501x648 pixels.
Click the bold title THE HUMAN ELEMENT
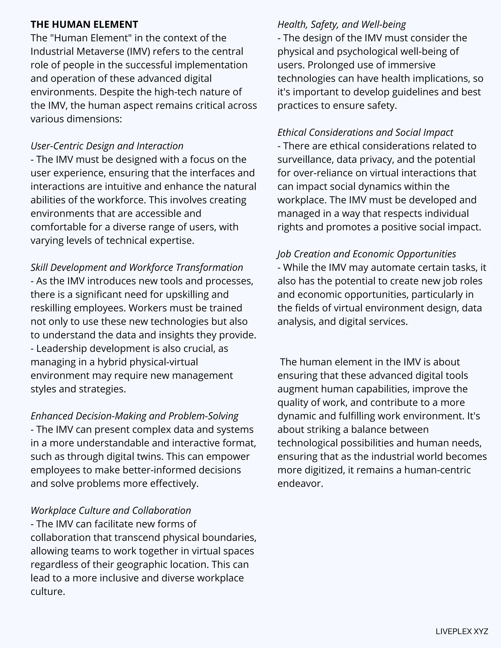tap(84, 24)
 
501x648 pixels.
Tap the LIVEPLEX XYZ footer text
tap(462, 631)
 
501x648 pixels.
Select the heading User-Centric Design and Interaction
tap(107, 146)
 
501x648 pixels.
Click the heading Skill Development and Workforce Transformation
tap(137, 267)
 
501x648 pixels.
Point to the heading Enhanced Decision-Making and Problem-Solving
tap(135, 416)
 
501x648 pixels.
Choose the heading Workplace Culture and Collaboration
tap(111, 510)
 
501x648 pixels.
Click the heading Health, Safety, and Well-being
tap(341, 24)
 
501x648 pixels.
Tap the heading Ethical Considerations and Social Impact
tap(365, 132)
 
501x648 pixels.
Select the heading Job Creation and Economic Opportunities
tap(366, 254)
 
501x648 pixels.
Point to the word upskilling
tap(188, 294)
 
